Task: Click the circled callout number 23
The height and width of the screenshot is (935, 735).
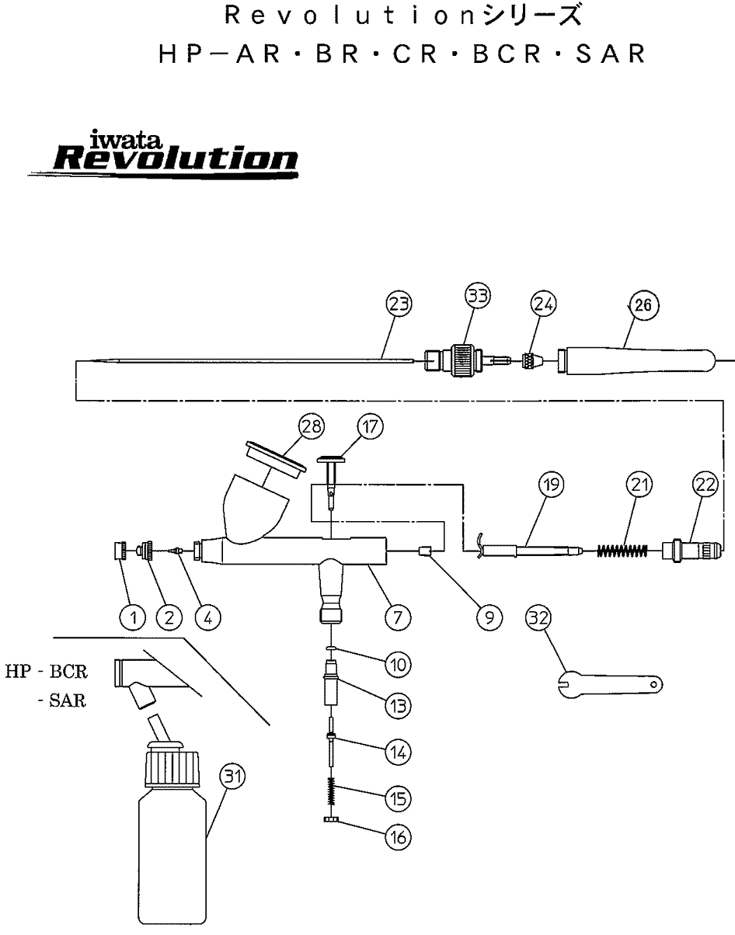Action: [399, 304]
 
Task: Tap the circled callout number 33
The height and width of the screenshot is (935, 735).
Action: [478, 296]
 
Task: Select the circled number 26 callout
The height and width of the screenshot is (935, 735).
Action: [643, 305]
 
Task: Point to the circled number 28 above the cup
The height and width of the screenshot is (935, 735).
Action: [311, 426]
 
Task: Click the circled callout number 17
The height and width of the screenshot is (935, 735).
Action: [370, 426]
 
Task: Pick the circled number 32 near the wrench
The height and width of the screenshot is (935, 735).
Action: [539, 618]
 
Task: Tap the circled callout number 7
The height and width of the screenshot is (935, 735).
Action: [398, 618]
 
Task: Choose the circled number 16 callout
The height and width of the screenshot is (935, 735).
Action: [398, 837]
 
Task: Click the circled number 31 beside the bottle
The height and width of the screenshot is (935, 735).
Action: [233, 777]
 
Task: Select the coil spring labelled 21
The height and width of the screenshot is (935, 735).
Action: [622, 551]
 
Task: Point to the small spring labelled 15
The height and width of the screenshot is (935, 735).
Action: [331, 792]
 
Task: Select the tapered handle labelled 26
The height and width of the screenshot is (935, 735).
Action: [636, 361]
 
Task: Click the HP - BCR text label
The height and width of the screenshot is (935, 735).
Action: [47, 672]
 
